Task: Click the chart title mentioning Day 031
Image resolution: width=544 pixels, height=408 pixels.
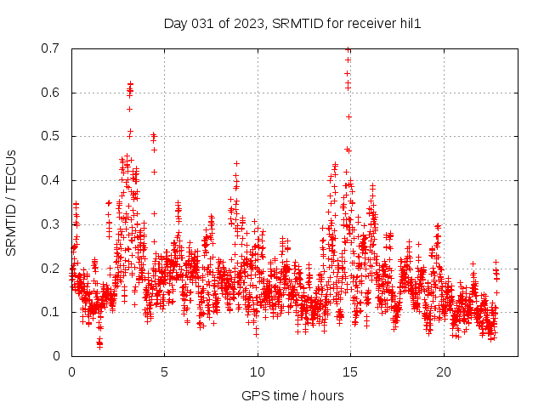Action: [x=292, y=24]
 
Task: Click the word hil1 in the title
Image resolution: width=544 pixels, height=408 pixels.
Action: [x=411, y=24]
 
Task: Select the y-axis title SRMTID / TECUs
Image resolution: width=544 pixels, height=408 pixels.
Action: [x=11, y=202]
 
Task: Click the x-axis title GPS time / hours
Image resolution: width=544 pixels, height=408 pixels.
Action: [x=292, y=395]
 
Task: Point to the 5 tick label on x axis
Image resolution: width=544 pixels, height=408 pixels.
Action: [x=164, y=372]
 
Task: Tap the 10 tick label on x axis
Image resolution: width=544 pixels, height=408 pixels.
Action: [x=258, y=372]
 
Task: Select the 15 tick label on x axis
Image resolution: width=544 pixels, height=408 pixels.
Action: [x=350, y=372]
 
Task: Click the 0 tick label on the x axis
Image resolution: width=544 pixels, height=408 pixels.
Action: [x=71, y=372]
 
